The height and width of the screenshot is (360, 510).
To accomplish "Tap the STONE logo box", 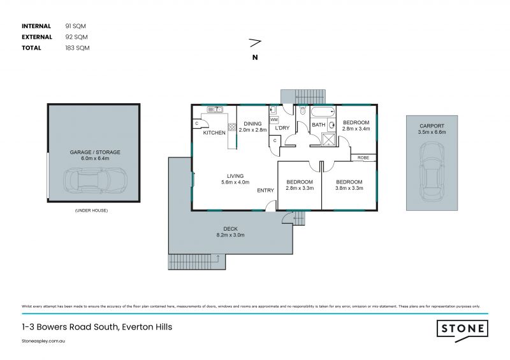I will click(x=462, y=329).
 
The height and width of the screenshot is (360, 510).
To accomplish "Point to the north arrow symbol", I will click(x=255, y=43).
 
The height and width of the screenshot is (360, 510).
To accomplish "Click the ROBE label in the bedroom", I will click(x=363, y=157).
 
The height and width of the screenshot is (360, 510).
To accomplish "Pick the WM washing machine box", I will click(x=273, y=119).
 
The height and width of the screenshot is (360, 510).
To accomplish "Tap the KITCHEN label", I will click(x=214, y=133).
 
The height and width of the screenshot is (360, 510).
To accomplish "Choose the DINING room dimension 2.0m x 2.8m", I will click(x=252, y=129).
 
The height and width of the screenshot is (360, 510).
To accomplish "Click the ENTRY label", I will click(x=266, y=191).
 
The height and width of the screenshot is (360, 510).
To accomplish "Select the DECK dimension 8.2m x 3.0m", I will click(x=229, y=235).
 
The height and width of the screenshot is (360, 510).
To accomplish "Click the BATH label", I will click(x=318, y=125).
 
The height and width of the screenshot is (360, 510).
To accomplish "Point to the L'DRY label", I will click(x=282, y=128).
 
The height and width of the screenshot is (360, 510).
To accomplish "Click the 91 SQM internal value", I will click(x=75, y=26).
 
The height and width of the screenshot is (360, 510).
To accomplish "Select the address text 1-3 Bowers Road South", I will click(x=96, y=327).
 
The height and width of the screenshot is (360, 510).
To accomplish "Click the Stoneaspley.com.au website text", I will click(x=45, y=342).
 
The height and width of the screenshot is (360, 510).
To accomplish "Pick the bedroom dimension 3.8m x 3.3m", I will click(x=349, y=188).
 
